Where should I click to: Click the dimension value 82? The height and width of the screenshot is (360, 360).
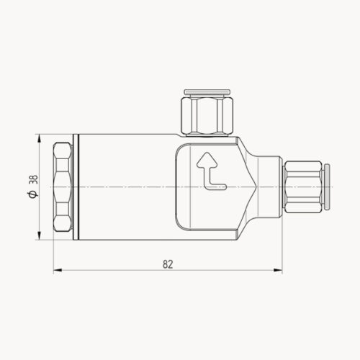168,264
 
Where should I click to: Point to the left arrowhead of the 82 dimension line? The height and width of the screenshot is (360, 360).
58,271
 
